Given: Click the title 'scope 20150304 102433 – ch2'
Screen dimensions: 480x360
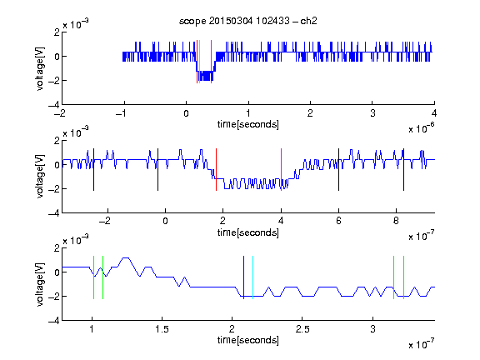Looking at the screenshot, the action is pyautogui.click(x=248, y=21).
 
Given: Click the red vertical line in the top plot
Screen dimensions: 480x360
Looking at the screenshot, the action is pyautogui.click(x=197, y=62).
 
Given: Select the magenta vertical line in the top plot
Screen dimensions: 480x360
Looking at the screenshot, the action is pyautogui.click(x=211, y=62).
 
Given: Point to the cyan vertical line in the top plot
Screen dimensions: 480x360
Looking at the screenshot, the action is pyautogui.click(x=200, y=62).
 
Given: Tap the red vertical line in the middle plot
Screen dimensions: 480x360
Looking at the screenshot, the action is pyautogui.click(x=216, y=170).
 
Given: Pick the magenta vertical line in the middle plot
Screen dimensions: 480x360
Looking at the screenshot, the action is pyautogui.click(x=281, y=170).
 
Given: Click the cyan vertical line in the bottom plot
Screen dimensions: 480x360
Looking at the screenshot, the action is pyautogui.click(x=252, y=277).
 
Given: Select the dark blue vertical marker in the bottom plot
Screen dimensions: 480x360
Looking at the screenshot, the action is pyautogui.click(x=243, y=277).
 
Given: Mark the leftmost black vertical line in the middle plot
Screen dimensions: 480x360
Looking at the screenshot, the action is pyautogui.click(x=93, y=170).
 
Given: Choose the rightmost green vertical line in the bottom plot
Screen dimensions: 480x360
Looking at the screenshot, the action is pyautogui.click(x=404, y=277).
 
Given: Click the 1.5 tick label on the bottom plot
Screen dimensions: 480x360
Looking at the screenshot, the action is pyautogui.click(x=162, y=329).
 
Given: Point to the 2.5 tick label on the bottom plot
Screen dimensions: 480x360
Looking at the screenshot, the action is pyautogui.click(x=302, y=329).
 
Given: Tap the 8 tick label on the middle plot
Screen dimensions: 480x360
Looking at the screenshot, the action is pyautogui.click(x=396, y=221).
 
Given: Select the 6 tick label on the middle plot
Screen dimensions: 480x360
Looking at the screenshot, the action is pyautogui.click(x=338, y=221).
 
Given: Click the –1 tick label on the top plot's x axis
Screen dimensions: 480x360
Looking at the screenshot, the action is pyautogui.click(x=121, y=113).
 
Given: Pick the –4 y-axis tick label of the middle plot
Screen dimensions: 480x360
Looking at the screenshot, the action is pyautogui.click(x=54, y=213).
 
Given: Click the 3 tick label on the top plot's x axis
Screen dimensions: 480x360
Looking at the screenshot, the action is pyautogui.click(x=372, y=113).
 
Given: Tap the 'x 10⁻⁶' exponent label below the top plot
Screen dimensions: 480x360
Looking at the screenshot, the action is pyautogui.click(x=422, y=127).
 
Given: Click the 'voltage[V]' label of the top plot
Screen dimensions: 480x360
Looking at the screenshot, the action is pyautogui.click(x=40, y=68).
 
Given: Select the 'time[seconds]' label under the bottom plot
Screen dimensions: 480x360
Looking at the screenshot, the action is pyautogui.click(x=248, y=340).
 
